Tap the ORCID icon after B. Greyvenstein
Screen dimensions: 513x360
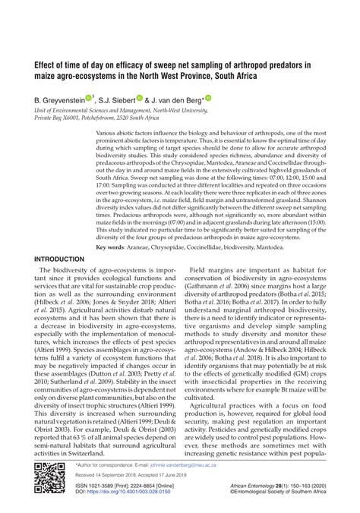[89, 97]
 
